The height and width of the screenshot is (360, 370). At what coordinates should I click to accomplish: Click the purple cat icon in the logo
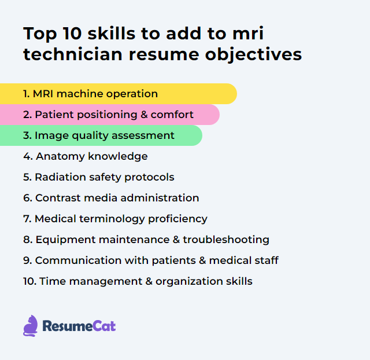[31, 326]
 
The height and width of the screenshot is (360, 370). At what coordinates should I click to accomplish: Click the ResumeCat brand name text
[79, 326]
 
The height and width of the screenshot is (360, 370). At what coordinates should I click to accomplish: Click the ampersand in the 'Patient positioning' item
[144, 115]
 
